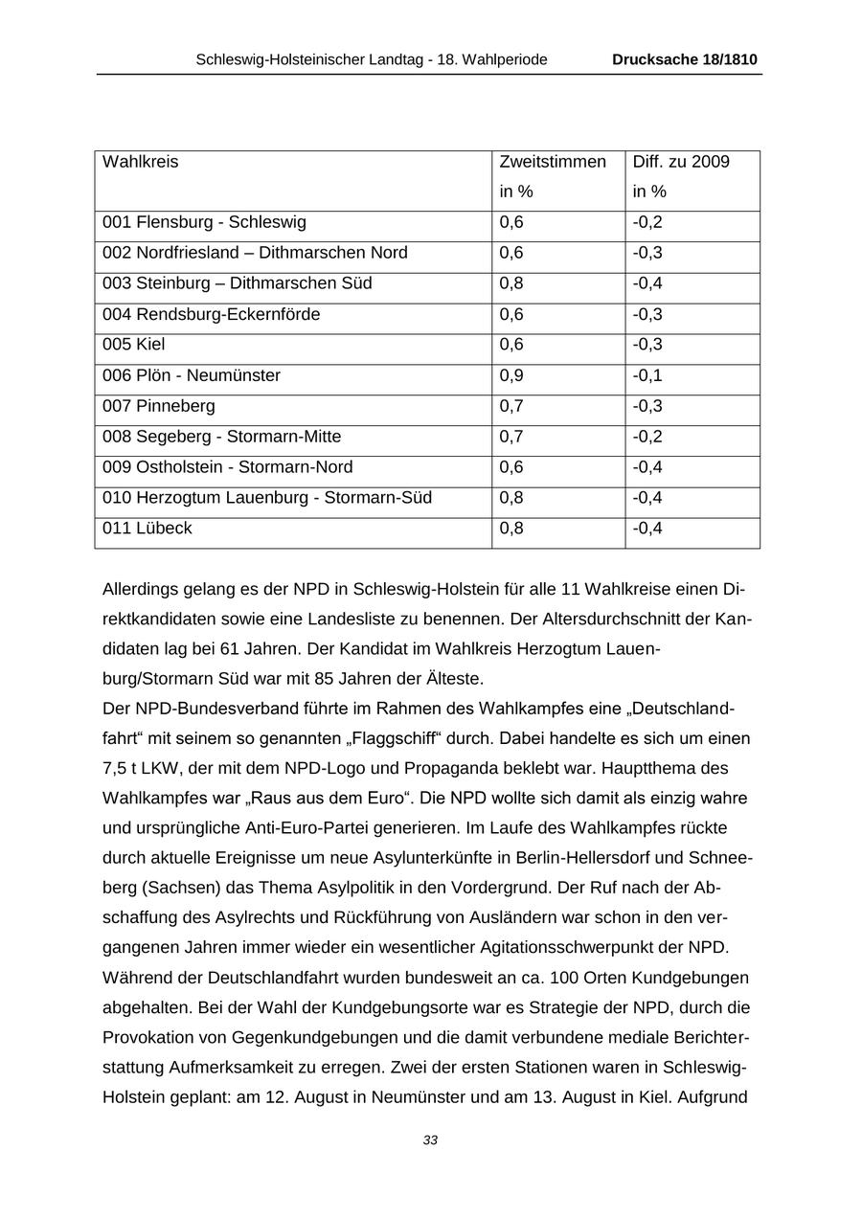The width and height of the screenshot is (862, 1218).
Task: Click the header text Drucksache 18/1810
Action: [684, 59]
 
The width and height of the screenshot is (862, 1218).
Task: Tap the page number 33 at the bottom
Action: [430, 1139]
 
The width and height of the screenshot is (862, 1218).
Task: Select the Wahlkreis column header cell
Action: [141, 162]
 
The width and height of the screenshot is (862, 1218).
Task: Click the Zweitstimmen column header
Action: [553, 162]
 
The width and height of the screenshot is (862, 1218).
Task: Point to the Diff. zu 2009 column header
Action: [680, 162]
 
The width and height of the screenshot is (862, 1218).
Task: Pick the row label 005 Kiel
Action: [133, 345]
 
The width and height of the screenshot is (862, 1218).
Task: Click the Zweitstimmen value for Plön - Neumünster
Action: [511, 375]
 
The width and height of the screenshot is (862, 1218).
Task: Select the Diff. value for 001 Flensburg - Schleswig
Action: [647, 222]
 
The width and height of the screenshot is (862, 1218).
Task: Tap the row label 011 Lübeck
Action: [147, 529]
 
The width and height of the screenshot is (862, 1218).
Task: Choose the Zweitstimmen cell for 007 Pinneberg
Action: [511, 406]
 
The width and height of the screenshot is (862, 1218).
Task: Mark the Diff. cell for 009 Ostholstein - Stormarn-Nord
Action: [647, 467]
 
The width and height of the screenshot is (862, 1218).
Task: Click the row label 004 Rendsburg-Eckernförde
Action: [212, 314]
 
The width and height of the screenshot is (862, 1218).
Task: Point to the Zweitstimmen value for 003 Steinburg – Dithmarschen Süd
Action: [511, 283]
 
